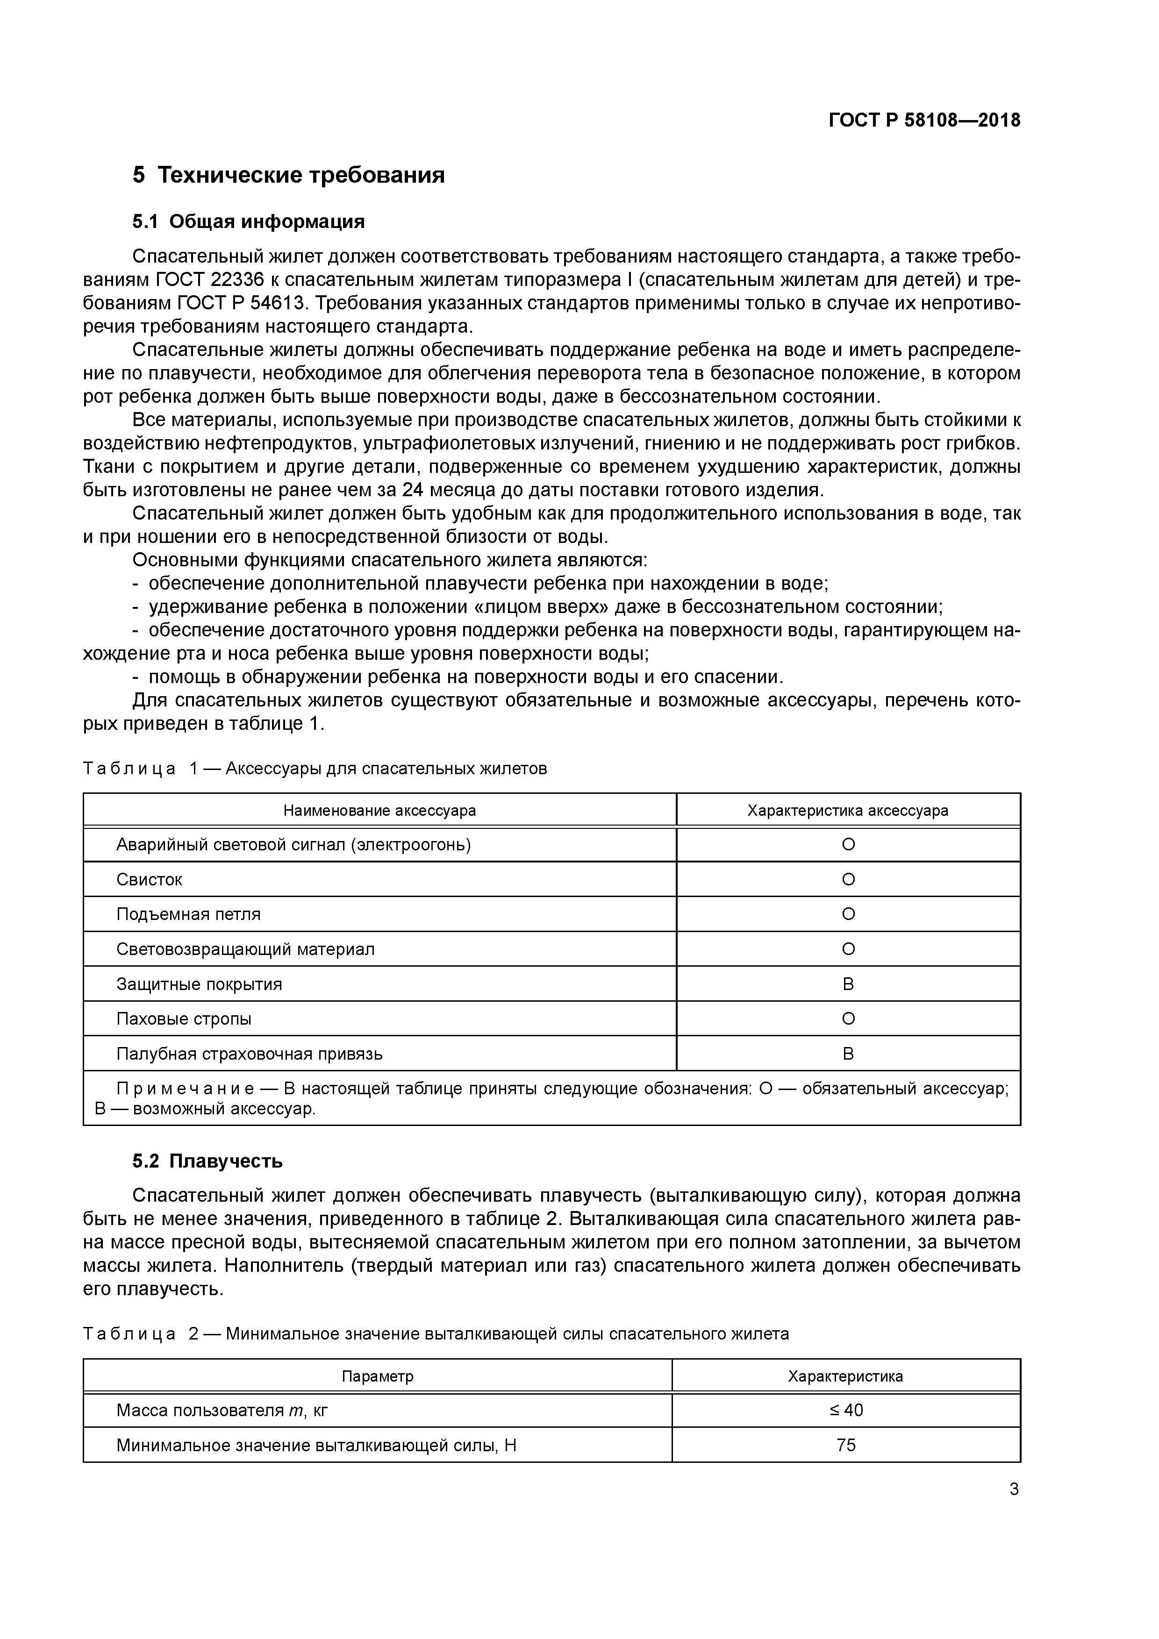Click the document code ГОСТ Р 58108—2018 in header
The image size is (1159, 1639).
(x=924, y=121)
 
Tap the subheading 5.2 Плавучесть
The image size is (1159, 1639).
(x=207, y=1162)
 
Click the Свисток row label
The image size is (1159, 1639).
(x=149, y=879)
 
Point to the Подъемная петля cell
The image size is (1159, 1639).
(x=188, y=914)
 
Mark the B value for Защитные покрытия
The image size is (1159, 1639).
(x=848, y=984)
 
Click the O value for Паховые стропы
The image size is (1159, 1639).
(x=848, y=1019)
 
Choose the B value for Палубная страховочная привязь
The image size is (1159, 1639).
(x=848, y=1054)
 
